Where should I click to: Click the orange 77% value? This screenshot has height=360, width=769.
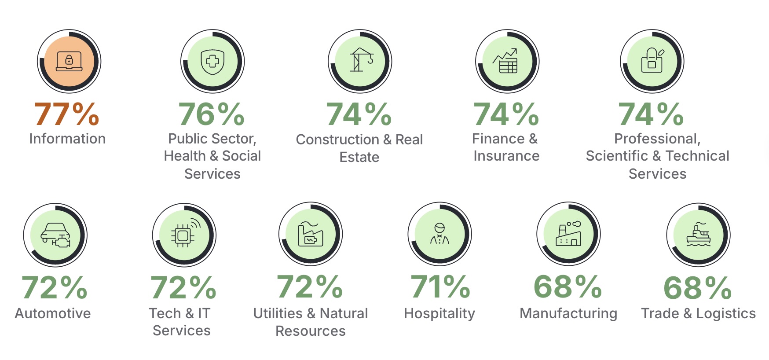pos(67,114)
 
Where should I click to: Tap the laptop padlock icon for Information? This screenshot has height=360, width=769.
pos(69,61)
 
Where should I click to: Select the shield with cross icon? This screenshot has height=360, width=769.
pos(212,62)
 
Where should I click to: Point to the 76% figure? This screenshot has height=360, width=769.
pos(212,114)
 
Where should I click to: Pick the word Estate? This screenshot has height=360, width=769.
pos(359,157)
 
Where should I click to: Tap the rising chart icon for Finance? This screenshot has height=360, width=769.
pos(505,61)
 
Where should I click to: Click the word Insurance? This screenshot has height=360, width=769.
pos(506,156)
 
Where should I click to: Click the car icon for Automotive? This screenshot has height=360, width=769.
pos(55,235)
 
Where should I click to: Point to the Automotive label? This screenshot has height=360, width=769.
pos(53,313)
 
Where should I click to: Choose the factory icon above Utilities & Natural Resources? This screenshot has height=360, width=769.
pos(311,234)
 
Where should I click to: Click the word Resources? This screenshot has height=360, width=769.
pos(311,331)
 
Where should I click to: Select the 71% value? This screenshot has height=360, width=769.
pos(440,287)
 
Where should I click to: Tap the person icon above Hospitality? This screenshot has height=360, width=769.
pos(439,234)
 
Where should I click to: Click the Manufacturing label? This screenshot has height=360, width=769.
pos(568,313)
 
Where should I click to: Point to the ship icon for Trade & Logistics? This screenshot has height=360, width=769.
pos(698,234)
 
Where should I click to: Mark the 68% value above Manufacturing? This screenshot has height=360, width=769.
pos(568,287)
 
